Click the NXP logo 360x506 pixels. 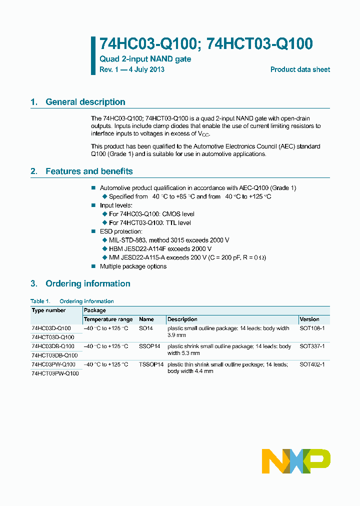pyautogui.click(x=296, y=461)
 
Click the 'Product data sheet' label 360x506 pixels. pyautogui.click(x=300, y=69)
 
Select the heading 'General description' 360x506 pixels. pyautogui.click(x=85, y=102)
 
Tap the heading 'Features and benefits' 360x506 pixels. pyautogui.click(x=89, y=171)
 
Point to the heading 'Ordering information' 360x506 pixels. pyautogui.click(x=87, y=283)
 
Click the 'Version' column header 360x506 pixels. pyautogui.click(x=309, y=319)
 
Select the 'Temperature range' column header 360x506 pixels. pyautogui.click(x=108, y=319)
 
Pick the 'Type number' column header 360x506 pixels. pyautogui.click(x=48, y=310)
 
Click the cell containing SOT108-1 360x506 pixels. pyautogui.click(x=312, y=328)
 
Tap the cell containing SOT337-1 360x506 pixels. pyautogui.click(x=312, y=346)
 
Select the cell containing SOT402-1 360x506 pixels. pyautogui.click(x=312, y=364)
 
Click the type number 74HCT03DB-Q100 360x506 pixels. pyautogui.click(x=54, y=355)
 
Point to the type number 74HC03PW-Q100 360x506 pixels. pyautogui.click(x=53, y=364)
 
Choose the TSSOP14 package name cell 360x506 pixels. pyautogui.click(x=151, y=364)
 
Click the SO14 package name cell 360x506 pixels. pyautogui.click(x=146, y=328)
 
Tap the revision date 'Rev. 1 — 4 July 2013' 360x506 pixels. pyautogui.click(x=132, y=69)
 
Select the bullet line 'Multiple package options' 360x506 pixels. pyautogui.click(x=133, y=266)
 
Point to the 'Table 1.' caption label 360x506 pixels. pyautogui.click(x=40, y=301)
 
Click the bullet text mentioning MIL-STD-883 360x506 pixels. pyautogui.click(x=169, y=240)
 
